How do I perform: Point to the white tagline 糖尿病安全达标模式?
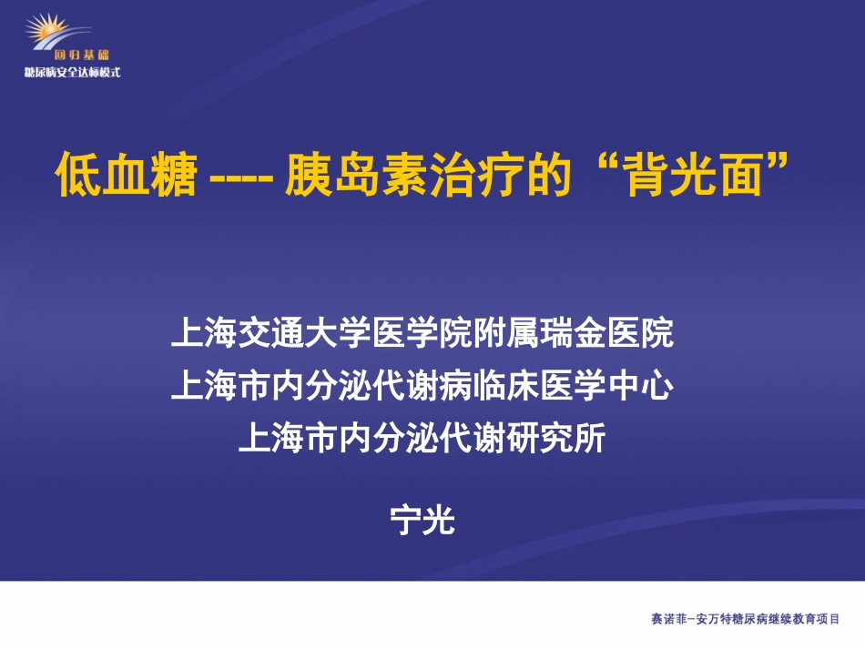(x=73, y=72)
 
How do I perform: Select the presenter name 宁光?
(x=422, y=522)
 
